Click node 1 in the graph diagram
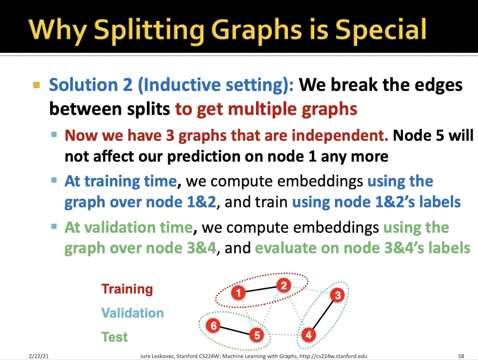pos(239,293)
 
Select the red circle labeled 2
pos(284,286)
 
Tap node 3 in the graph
pos(338,295)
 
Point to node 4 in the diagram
pos(309,335)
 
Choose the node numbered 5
pos(257,335)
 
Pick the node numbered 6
pos(213,326)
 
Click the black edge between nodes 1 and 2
pos(261,289)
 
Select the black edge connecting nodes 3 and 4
pos(323,315)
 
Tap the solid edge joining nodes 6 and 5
pos(235,331)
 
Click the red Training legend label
pos(127,289)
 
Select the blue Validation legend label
pos(132,313)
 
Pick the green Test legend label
pos(114,337)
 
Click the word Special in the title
pos(381,30)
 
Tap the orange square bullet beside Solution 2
pos(37,85)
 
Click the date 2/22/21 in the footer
pos(39,356)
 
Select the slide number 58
pos(461,356)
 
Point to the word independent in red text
pos(340,135)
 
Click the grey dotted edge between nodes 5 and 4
pos(283,335)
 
